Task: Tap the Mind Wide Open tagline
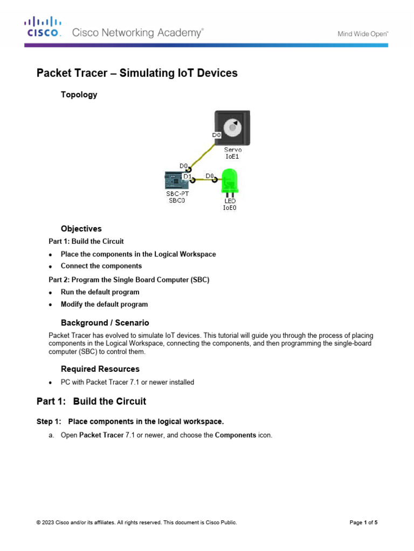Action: (363, 33)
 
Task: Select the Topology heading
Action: (79, 95)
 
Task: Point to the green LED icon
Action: (230, 180)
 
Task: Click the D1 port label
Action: (187, 176)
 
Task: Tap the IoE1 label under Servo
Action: (232, 157)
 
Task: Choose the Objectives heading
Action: (81, 229)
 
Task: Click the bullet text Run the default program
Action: (100, 292)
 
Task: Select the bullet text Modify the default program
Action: (104, 304)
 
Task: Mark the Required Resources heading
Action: (100, 369)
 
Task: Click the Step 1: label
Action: (49, 421)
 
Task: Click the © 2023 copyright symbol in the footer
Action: (38, 522)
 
